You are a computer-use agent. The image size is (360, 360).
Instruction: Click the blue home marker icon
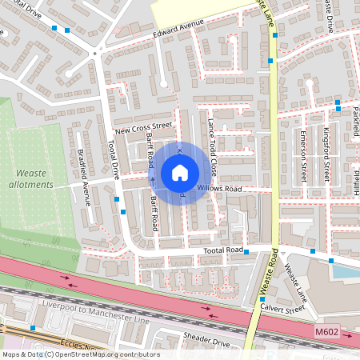click(180, 173)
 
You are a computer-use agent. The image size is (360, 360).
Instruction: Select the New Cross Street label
click(144, 126)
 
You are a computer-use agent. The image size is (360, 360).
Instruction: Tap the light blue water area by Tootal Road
click(345, 271)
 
